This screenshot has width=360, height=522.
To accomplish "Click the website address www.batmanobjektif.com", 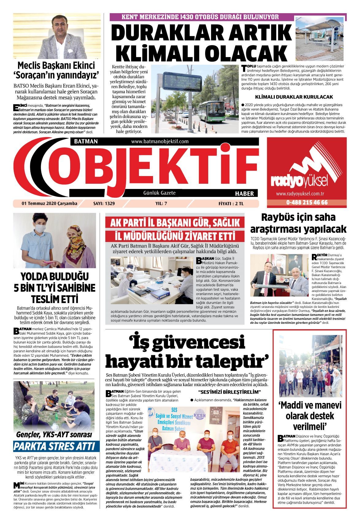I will (x=160, y=141).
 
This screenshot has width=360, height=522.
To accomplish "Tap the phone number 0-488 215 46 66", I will (x=307, y=202).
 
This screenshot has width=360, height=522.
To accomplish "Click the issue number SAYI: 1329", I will (x=104, y=203).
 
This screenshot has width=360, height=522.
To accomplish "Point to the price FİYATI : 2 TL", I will (x=231, y=203).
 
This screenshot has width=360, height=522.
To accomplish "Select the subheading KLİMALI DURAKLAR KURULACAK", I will (x=294, y=97).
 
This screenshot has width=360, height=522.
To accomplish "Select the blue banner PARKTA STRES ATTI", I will (x=56, y=446).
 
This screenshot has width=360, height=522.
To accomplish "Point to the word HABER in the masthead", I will (x=244, y=194).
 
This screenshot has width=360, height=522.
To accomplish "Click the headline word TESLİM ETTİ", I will (x=55, y=298).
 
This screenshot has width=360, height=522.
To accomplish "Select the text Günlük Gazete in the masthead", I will (x=159, y=193).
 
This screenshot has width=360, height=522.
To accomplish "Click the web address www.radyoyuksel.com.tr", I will (x=300, y=194).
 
